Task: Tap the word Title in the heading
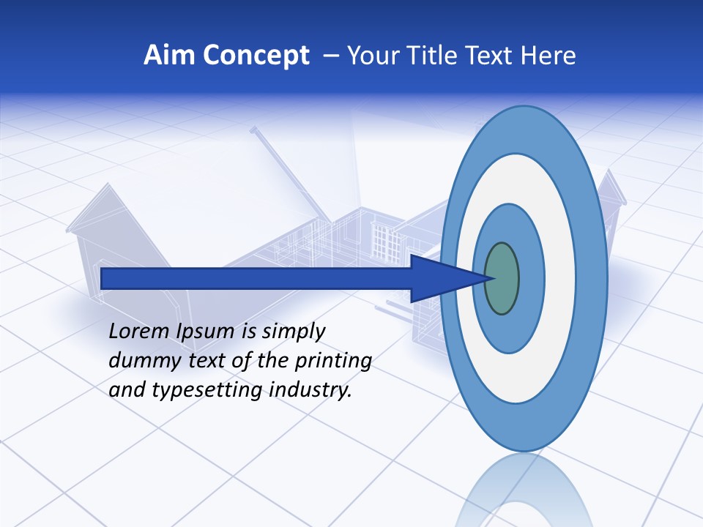click(437, 56)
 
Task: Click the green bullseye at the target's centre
click(502, 278)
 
